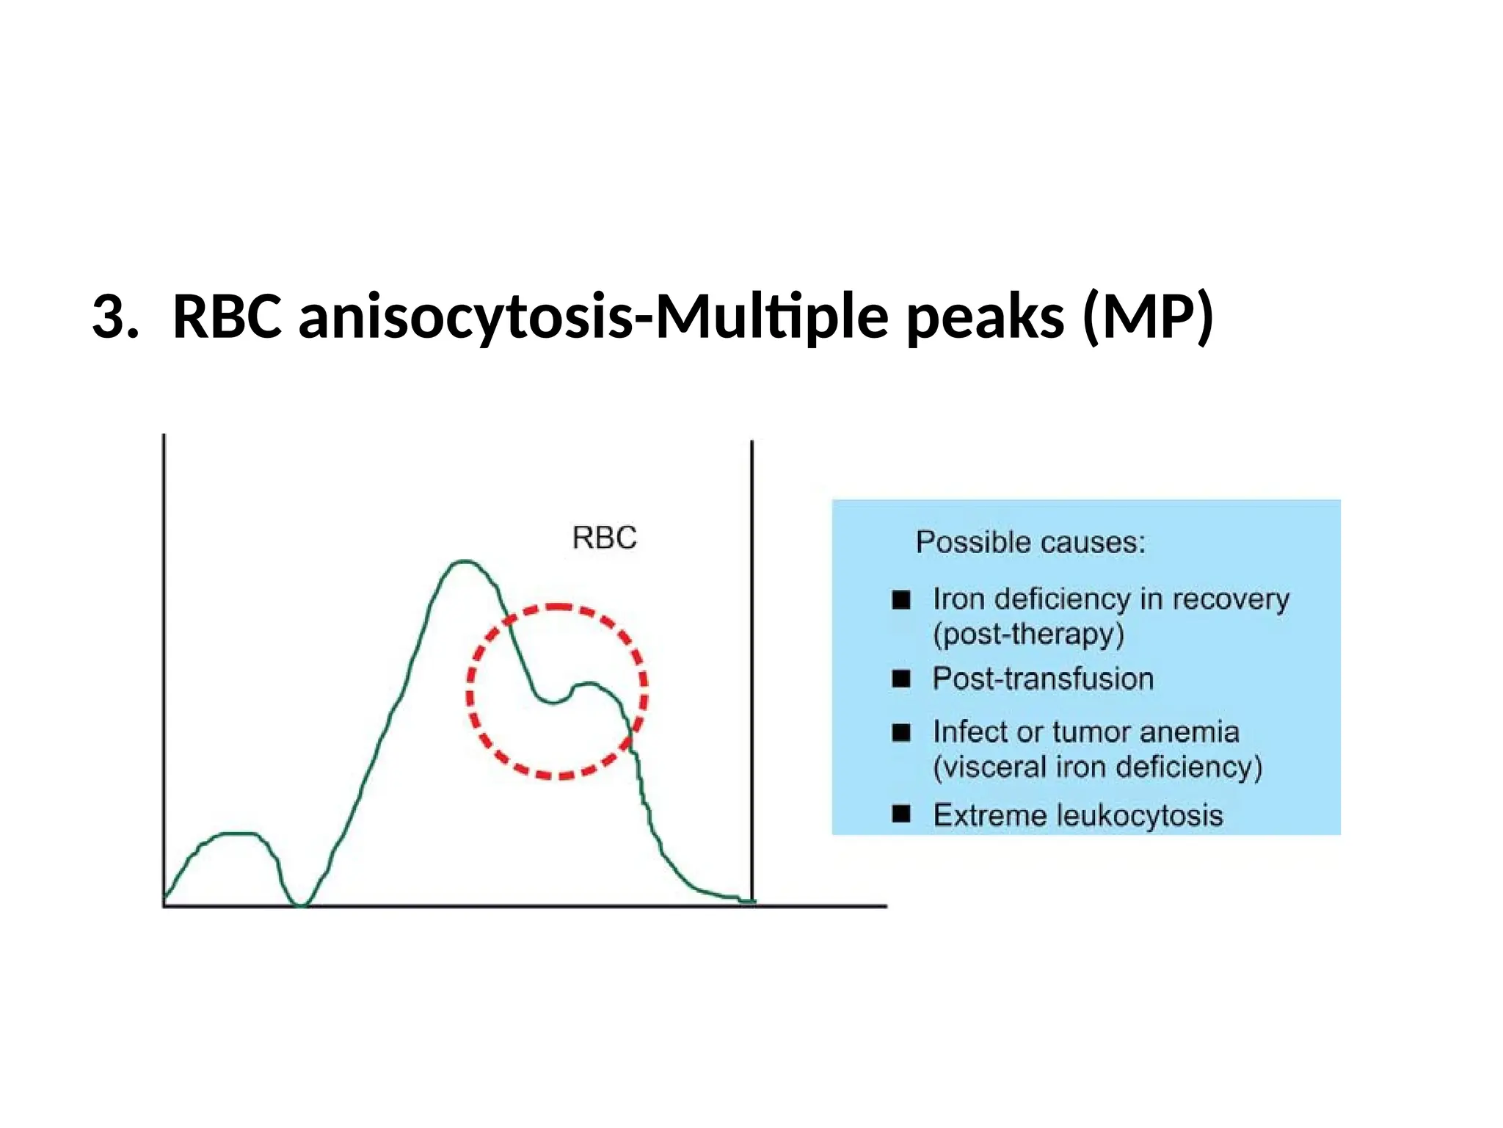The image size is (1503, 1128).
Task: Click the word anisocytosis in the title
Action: pos(465,317)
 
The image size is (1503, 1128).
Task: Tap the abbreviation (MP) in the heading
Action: pos(1148,317)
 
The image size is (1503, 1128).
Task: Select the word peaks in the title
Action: pos(985,317)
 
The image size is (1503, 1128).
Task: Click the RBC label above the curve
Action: pos(604,538)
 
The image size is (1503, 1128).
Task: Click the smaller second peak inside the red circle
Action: pos(587,684)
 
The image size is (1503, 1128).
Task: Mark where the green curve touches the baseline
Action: pos(300,905)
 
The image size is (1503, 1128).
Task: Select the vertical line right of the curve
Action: pos(752,661)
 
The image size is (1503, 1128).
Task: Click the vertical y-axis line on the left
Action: pos(164,661)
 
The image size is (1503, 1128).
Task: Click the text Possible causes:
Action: pos(1030,543)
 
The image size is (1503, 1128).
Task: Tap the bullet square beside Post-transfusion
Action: pos(901,679)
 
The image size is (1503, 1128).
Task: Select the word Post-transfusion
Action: pos(1042,679)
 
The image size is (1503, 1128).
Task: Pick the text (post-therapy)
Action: pos(1027,634)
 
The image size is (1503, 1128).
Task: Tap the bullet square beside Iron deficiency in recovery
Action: pos(901,600)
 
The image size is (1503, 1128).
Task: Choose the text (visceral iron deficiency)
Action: pos(1097,767)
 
